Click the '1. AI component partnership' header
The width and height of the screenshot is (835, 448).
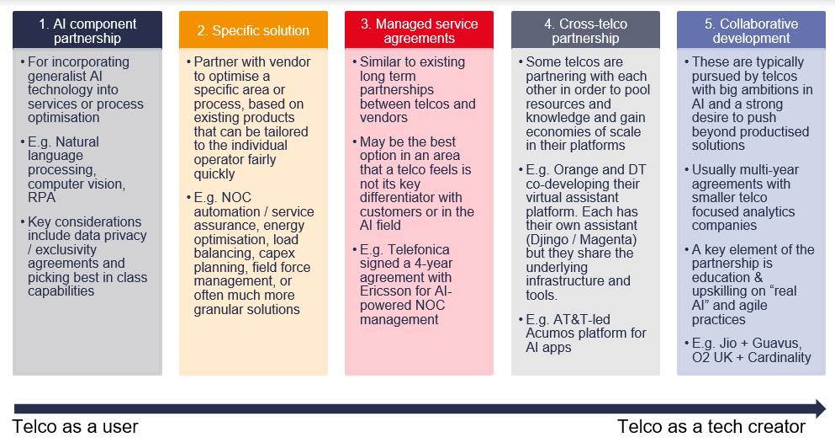(87, 30)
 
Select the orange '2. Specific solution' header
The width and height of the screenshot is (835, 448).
(253, 30)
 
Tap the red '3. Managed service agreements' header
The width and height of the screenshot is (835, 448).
(419, 30)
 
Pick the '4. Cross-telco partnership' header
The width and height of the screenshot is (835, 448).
(585, 30)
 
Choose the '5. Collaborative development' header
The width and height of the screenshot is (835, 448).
(751, 30)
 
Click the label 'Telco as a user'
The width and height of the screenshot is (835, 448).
(76, 426)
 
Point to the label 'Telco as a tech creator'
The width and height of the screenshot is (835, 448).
(711, 426)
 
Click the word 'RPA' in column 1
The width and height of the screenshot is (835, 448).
(42, 198)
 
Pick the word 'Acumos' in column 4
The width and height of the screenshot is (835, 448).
(551, 333)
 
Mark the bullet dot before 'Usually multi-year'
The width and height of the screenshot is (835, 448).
(684, 170)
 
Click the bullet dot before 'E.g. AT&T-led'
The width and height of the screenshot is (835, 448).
(519, 319)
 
